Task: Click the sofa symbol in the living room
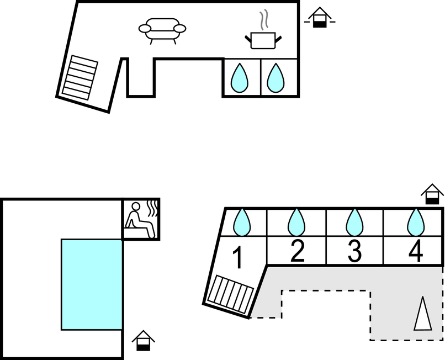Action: click(x=162, y=31)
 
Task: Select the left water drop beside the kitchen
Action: click(x=240, y=78)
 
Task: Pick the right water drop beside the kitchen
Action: click(x=276, y=78)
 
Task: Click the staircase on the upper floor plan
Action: click(x=80, y=77)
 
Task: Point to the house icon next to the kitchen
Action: click(x=320, y=18)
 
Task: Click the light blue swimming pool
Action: click(x=92, y=284)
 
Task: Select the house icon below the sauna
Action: click(x=144, y=341)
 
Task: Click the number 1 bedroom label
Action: click(x=238, y=257)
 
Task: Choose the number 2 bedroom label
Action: click(x=298, y=251)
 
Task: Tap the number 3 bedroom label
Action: click(x=355, y=251)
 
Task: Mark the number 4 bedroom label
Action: click(x=416, y=251)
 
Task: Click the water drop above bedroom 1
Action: click(x=242, y=223)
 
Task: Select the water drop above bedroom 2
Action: click(x=296, y=223)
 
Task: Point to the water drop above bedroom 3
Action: click(x=354, y=223)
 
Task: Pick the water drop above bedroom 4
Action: click(x=416, y=223)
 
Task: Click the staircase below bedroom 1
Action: click(x=230, y=294)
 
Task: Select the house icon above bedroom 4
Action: click(x=432, y=194)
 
